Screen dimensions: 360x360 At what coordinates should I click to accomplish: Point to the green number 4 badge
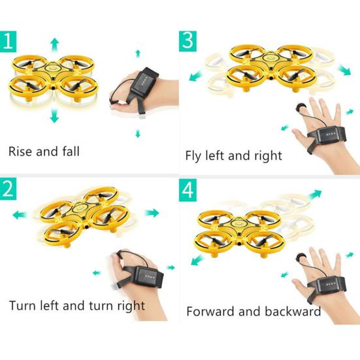188,190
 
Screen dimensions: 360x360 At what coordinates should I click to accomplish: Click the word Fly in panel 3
195,156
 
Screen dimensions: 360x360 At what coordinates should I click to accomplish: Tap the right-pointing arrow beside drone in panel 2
152,213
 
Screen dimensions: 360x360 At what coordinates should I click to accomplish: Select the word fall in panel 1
69,152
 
